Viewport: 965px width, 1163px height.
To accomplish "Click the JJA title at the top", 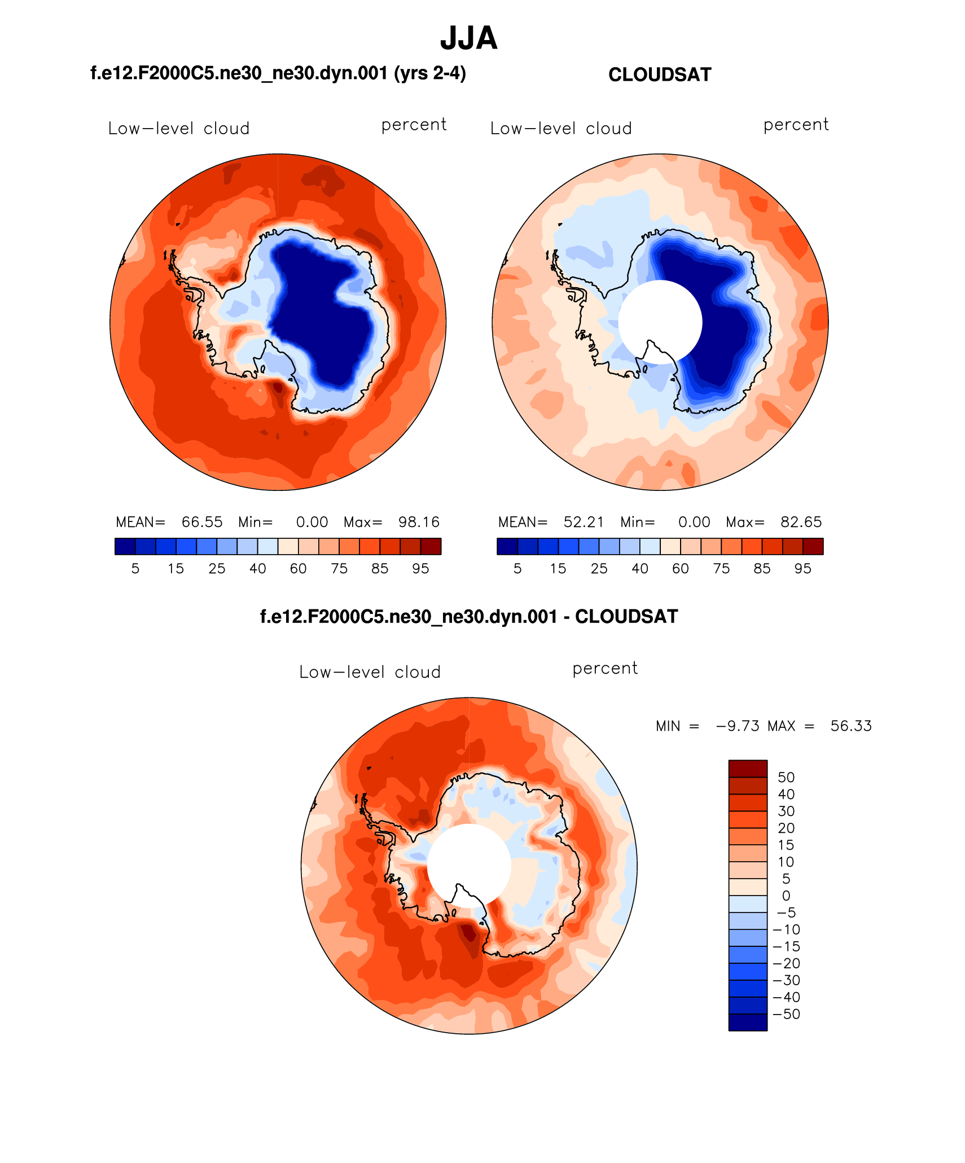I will pyautogui.click(x=468, y=38).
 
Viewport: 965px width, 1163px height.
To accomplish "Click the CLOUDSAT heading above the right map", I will pyautogui.click(x=660, y=74).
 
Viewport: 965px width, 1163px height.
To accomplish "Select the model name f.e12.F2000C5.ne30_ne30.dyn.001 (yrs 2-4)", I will pyautogui.click(x=278, y=73).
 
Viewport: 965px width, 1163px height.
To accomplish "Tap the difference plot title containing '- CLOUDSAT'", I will pyautogui.click(x=468, y=616).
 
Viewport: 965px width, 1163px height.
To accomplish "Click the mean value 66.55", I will pyautogui.click(x=202, y=522).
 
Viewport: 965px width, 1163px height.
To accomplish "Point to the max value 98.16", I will pyautogui.click(x=419, y=522).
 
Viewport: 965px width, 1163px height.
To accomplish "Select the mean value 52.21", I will pyautogui.click(x=584, y=522).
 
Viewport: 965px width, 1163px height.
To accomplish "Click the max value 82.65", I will pyautogui.click(x=801, y=522).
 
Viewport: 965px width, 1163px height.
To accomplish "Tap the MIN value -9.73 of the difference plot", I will pyautogui.click(x=738, y=726).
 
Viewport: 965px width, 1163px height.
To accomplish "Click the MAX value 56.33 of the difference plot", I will pyautogui.click(x=851, y=726).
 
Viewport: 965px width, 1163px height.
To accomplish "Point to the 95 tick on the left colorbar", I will pyautogui.click(x=420, y=568).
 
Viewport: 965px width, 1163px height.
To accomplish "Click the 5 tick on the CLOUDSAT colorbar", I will pyautogui.click(x=517, y=568).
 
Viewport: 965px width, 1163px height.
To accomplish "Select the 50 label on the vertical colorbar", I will pyautogui.click(x=786, y=777).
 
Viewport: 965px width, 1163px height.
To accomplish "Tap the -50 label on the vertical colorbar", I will pyautogui.click(x=787, y=1014).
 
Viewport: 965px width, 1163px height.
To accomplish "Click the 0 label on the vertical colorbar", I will pyautogui.click(x=786, y=896).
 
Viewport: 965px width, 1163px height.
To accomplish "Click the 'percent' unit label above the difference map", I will pyautogui.click(x=605, y=668).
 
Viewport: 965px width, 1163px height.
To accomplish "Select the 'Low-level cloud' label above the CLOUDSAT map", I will pyautogui.click(x=561, y=129).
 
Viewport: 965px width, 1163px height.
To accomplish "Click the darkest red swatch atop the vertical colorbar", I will pyautogui.click(x=748, y=769).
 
